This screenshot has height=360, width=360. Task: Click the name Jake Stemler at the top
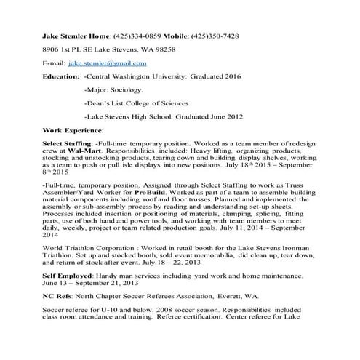click(65, 36)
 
